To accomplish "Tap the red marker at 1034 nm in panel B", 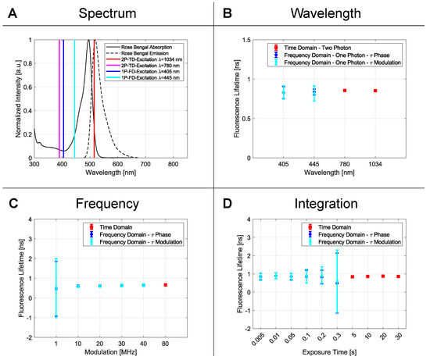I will tap(375, 91).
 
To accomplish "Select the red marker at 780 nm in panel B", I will tap(344, 91).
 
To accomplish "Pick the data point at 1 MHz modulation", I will tap(56, 288).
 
